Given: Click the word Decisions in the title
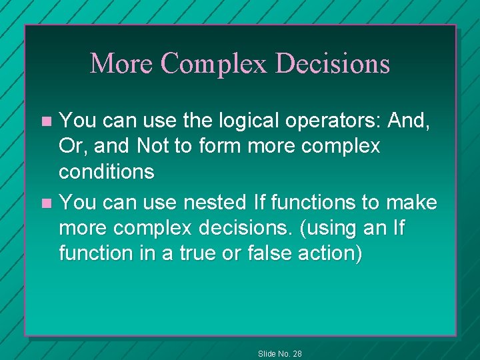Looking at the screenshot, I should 333,64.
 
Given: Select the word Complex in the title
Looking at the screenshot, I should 215,64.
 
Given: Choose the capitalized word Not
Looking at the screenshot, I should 153,146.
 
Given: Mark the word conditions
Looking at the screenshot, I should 107,172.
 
